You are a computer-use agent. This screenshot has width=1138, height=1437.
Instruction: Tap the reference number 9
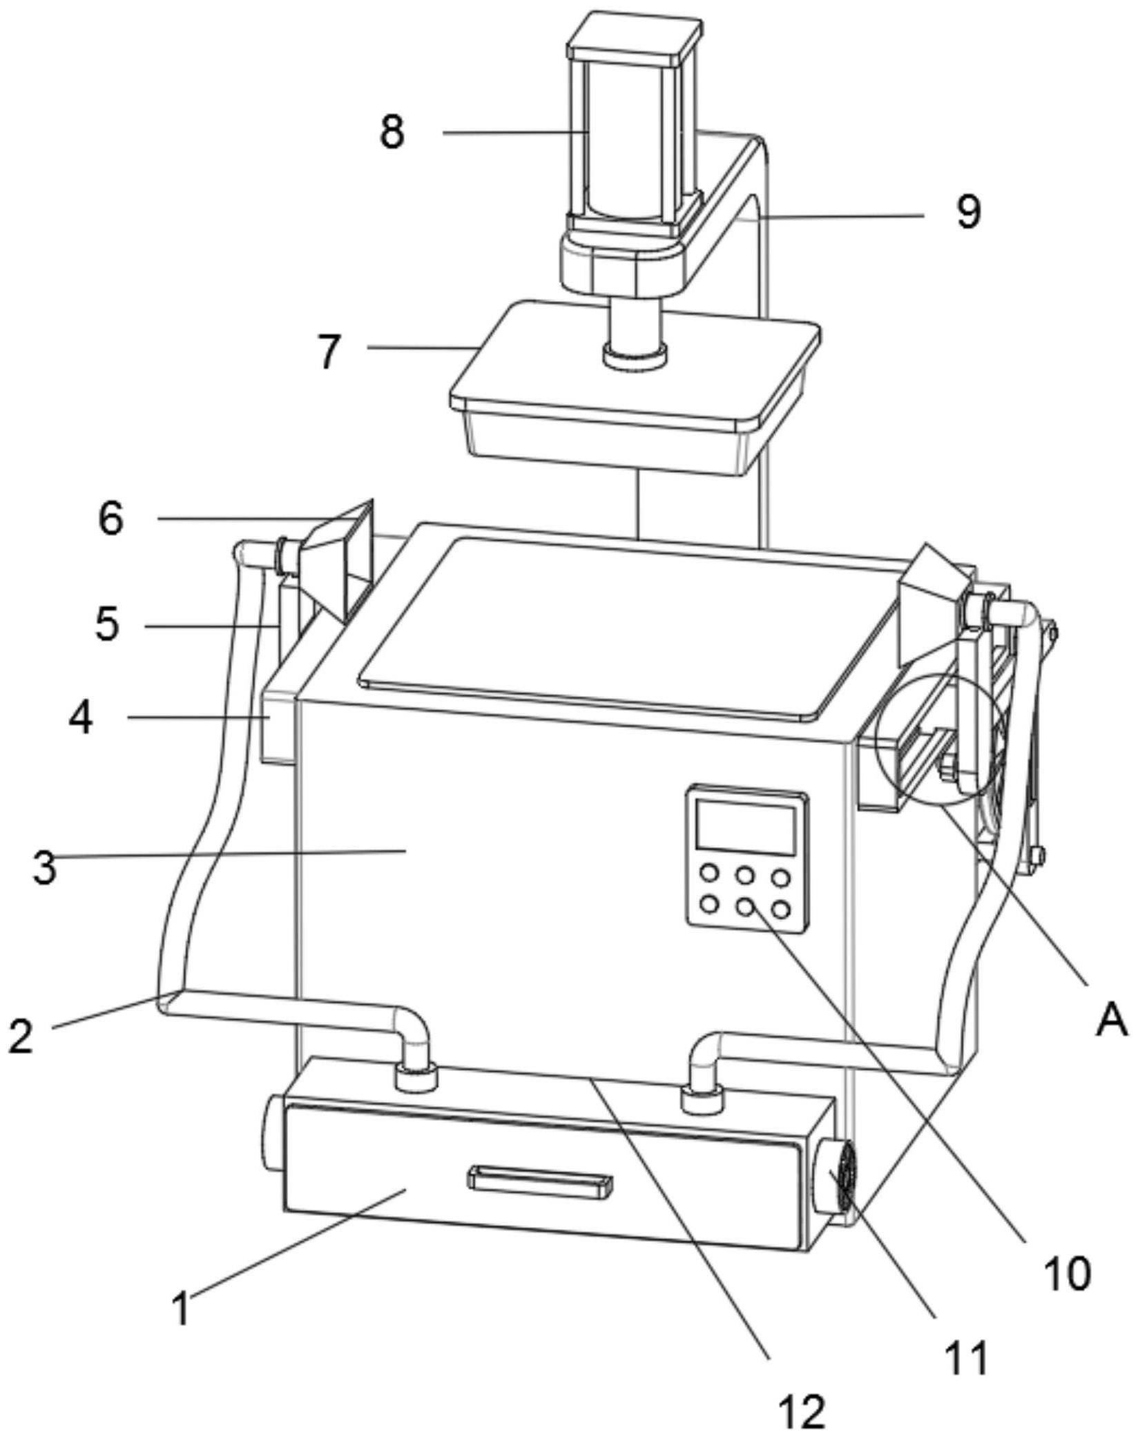pos(968,211)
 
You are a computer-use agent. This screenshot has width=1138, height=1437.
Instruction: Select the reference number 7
pos(329,352)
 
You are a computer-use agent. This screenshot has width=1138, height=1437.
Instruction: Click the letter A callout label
pos(1111,1021)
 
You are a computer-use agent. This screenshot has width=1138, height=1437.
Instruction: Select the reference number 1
pos(182,1308)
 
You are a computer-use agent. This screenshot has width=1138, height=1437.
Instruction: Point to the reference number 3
pos(44,868)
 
